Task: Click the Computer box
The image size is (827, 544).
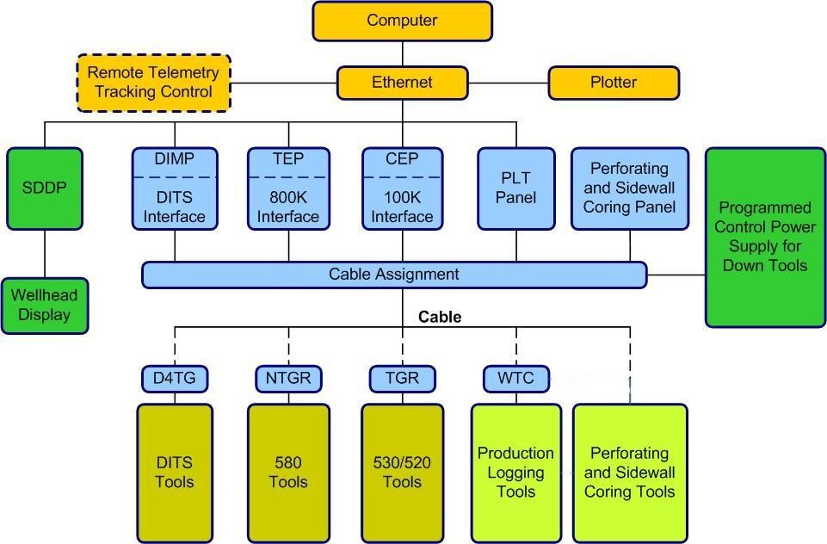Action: (403, 22)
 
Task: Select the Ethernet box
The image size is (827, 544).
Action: (403, 83)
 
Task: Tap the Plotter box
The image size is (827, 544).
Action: (614, 83)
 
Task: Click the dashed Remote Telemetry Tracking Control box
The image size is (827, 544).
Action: (154, 83)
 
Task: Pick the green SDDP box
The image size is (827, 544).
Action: (45, 189)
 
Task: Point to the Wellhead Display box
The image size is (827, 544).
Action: (45, 306)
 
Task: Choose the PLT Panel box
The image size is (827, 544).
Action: (516, 189)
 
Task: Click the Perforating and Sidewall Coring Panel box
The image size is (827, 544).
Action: (630, 189)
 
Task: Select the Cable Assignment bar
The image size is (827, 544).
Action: (394, 275)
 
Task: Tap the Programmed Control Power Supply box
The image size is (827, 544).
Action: (765, 238)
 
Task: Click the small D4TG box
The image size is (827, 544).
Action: (175, 379)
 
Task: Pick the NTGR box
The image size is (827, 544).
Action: (288, 379)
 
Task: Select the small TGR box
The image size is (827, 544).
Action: (403, 379)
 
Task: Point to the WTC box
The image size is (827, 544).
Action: (516, 379)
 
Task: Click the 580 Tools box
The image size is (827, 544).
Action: (288, 473)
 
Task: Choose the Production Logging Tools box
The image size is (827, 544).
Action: (516, 473)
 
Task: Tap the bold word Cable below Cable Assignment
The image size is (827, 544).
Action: (440, 317)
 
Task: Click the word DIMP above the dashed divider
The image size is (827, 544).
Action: (175, 159)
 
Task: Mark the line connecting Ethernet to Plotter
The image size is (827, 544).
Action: (509, 83)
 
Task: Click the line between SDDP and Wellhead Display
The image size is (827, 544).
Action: (45, 254)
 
